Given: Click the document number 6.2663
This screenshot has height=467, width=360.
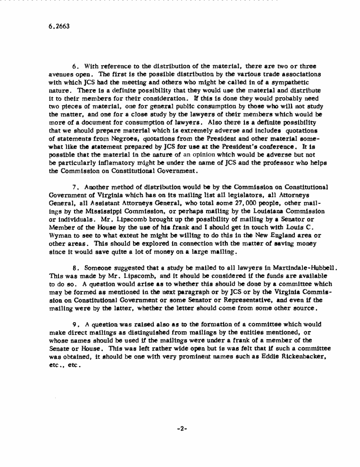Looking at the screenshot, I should click(x=59, y=26).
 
